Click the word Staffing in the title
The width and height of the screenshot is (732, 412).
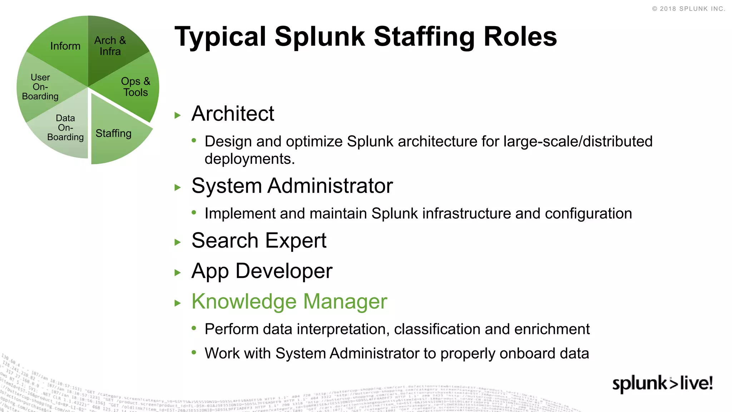coord(425,36)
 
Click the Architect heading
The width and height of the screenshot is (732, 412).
coord(233,114)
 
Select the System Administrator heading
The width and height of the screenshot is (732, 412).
coord(292,186)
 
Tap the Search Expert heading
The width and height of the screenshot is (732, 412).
coord(259,241)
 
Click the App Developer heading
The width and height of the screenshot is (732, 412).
coord(262,271)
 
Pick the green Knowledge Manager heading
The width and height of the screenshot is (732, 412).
coord(289,301)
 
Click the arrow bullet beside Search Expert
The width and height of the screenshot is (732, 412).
coord(178,242)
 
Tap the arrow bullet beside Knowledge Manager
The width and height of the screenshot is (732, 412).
coord(178,303)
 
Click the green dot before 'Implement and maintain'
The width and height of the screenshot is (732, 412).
coord(194,213)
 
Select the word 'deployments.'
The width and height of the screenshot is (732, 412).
coord(249,159)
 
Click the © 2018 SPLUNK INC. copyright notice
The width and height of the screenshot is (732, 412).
coord(688,9)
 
